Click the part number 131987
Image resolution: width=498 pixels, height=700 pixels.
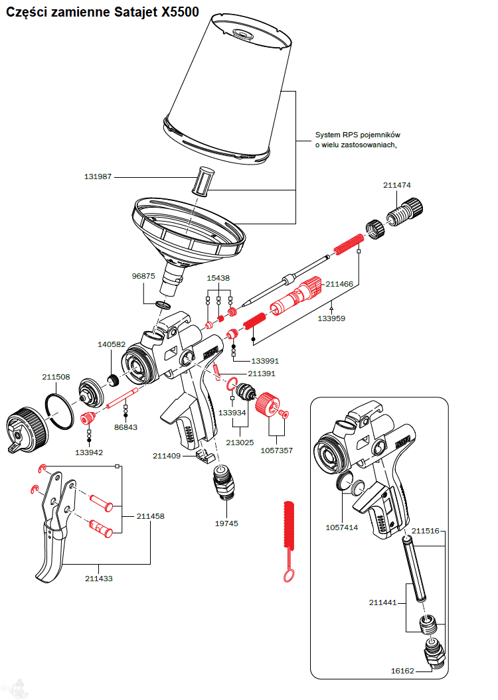[x=98, y=177]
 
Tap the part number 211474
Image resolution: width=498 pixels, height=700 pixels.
[x=396, y=186]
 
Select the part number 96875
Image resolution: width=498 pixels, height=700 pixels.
[x=143, y=276]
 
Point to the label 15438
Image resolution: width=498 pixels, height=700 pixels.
[x=218, y=279]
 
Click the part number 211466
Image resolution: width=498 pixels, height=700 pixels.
[x=339, y=283]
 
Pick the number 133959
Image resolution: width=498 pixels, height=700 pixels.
[x=331, y=318]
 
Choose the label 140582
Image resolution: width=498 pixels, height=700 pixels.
[x=112, y=344]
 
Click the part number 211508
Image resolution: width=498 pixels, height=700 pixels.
[x=56, y=377]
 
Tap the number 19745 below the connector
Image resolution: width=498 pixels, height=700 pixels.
[x=226, y=524]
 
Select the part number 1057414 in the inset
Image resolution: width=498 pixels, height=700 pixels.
[x=342, y=528]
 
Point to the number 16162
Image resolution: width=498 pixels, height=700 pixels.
[x=402, y=671]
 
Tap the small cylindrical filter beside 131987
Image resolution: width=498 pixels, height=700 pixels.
[x=203, y=180]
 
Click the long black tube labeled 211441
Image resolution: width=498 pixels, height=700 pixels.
[x=413, y=568]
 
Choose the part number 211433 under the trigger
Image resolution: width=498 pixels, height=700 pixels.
[x=99, y=579]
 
